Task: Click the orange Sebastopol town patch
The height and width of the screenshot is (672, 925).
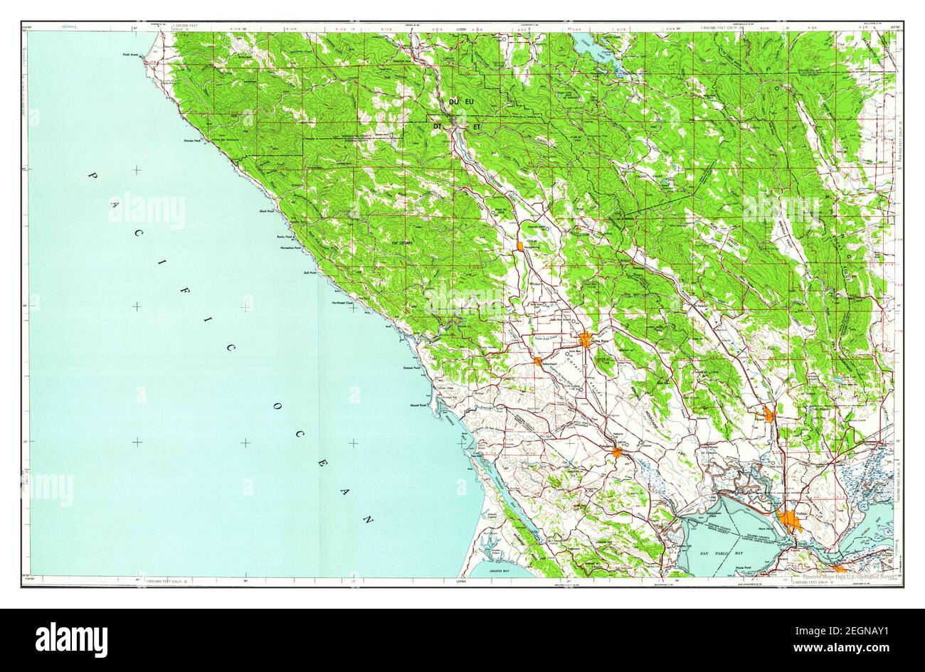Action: click(x=538, y=361)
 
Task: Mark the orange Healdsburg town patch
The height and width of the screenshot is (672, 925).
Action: click(x=522, y=246)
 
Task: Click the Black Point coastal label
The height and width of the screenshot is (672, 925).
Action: click(x=268, y=211)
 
